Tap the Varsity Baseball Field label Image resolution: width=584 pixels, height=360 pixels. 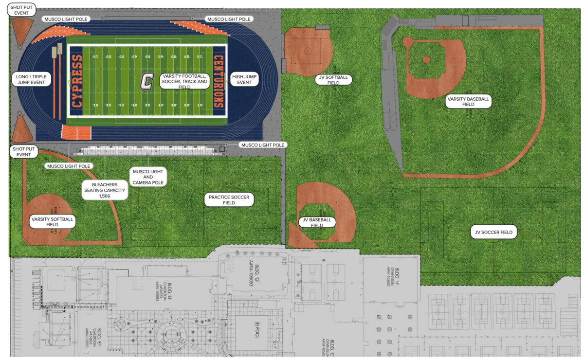468,101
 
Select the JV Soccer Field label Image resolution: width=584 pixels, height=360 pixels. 493,233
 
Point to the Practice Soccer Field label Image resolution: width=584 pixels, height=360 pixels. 229,199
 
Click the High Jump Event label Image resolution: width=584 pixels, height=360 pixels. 244,79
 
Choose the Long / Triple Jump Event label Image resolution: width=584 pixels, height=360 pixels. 31,79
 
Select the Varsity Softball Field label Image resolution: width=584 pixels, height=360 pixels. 52,222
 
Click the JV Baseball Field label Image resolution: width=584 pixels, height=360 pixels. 317,222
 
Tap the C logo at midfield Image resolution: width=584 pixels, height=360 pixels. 146,81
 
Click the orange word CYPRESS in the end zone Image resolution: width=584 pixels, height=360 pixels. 76,81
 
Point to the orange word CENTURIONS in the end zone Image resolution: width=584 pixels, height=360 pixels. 219,81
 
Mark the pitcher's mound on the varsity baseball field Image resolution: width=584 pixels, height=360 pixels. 426,60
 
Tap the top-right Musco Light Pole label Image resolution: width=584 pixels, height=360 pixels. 229,19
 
